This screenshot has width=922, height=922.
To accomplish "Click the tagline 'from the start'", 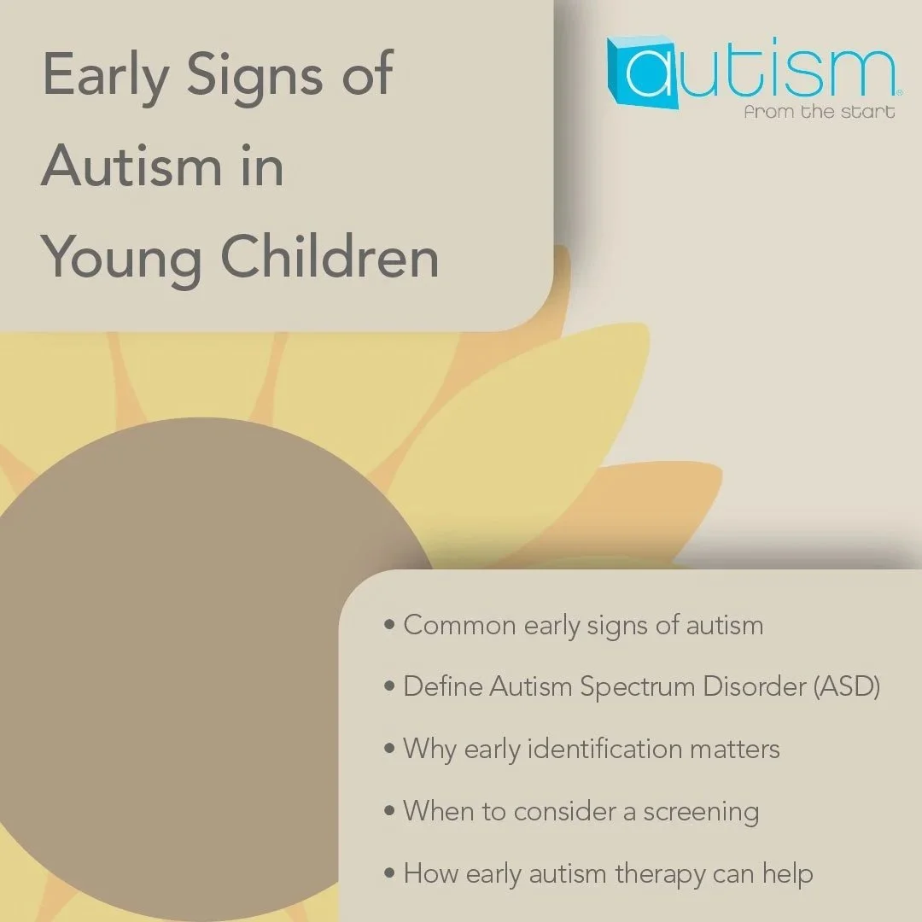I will tap(819, 112).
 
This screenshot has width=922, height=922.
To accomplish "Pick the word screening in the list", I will tap(701, 811).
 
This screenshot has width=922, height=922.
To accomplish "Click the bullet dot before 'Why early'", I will tap(389, 750).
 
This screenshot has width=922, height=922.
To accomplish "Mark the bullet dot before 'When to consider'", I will tap(389, 812).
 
